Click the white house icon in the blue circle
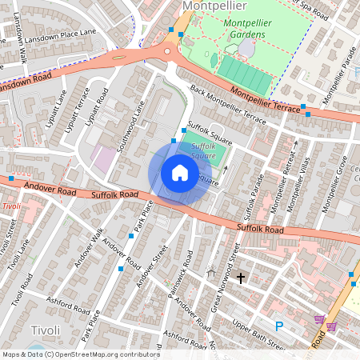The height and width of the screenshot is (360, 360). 180,173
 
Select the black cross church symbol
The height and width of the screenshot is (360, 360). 239,277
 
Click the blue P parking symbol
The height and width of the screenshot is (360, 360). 279,326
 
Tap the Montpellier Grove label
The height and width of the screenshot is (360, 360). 333,184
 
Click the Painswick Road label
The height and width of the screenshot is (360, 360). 180,278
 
